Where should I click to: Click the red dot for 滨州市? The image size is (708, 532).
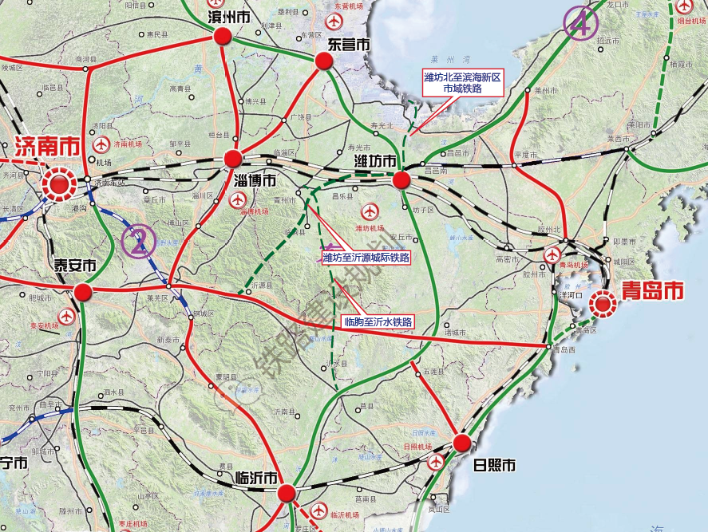(x=222, y=36)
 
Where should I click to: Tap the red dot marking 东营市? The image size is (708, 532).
(x=323, y=61)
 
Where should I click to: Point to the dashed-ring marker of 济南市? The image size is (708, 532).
(x=59, y=183)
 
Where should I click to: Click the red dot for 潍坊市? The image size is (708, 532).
(x=401, y=179)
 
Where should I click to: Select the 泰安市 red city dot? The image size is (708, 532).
(x=83, y=293)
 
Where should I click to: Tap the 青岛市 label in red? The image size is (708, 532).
(x=653, y=291)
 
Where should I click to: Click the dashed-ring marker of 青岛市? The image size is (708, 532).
(x=604, y=302)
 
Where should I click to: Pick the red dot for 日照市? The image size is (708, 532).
(x=461, y=443)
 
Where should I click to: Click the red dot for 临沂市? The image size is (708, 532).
(x=287, y=493)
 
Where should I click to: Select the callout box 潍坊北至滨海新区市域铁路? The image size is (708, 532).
(x=463, y=83)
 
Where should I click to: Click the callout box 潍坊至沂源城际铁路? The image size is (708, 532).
(x=366, y=257)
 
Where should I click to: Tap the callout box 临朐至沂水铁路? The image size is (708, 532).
(x=378, y=321)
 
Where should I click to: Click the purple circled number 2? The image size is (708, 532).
(x=139, y=241)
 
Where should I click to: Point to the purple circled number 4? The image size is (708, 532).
(x=580, y=23)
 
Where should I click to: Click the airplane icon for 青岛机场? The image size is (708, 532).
(x=552, y=254)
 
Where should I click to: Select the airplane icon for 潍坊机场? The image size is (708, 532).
(x=369, y=211)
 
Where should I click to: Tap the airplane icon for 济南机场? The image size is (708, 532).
(x=101, y=144)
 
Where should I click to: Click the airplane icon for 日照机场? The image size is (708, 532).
(x=437, y=461)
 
